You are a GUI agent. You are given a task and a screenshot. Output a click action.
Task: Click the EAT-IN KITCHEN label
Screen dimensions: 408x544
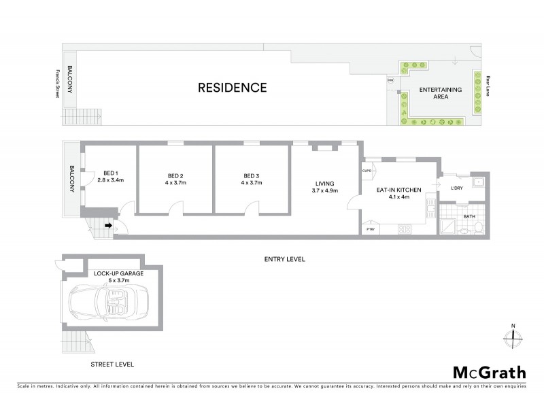pyautogui.click(x=398, y=190)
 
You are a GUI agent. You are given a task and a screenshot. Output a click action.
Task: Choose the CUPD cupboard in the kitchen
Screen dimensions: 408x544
pyautogui.click(x=367, y=171)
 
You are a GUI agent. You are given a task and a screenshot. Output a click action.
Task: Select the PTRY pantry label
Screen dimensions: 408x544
pyautogui.click(x=371, y=230)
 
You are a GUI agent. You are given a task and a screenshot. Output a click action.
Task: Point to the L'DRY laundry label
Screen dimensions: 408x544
pyautogui.click(x=456, y=188)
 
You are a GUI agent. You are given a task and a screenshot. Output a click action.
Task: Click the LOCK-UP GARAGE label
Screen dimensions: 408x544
pyautogui.click(x=114, y=273)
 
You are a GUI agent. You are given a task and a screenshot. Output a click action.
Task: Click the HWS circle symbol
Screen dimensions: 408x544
pyautogui.click(x=390, y=80)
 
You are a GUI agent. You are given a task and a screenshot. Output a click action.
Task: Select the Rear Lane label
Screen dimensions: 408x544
pyautogui.click(x=488, y=85)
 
